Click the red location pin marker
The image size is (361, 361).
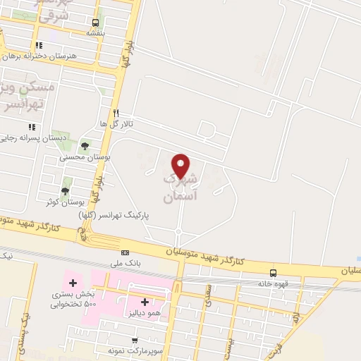182,165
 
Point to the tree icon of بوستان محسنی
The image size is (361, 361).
85,145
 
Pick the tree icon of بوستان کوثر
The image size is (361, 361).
66,190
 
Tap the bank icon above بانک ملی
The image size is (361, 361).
126,252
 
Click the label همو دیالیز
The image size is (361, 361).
145,312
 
